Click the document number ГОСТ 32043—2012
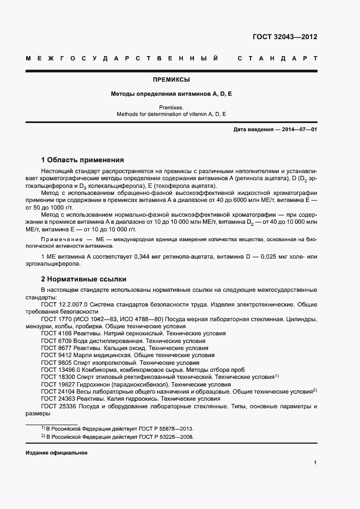point(285,38)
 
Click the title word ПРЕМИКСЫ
point(172,79)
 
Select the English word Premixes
point(172,107)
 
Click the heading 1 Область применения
point(83,160)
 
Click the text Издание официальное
point(56,452)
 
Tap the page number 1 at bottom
point(315,463)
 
